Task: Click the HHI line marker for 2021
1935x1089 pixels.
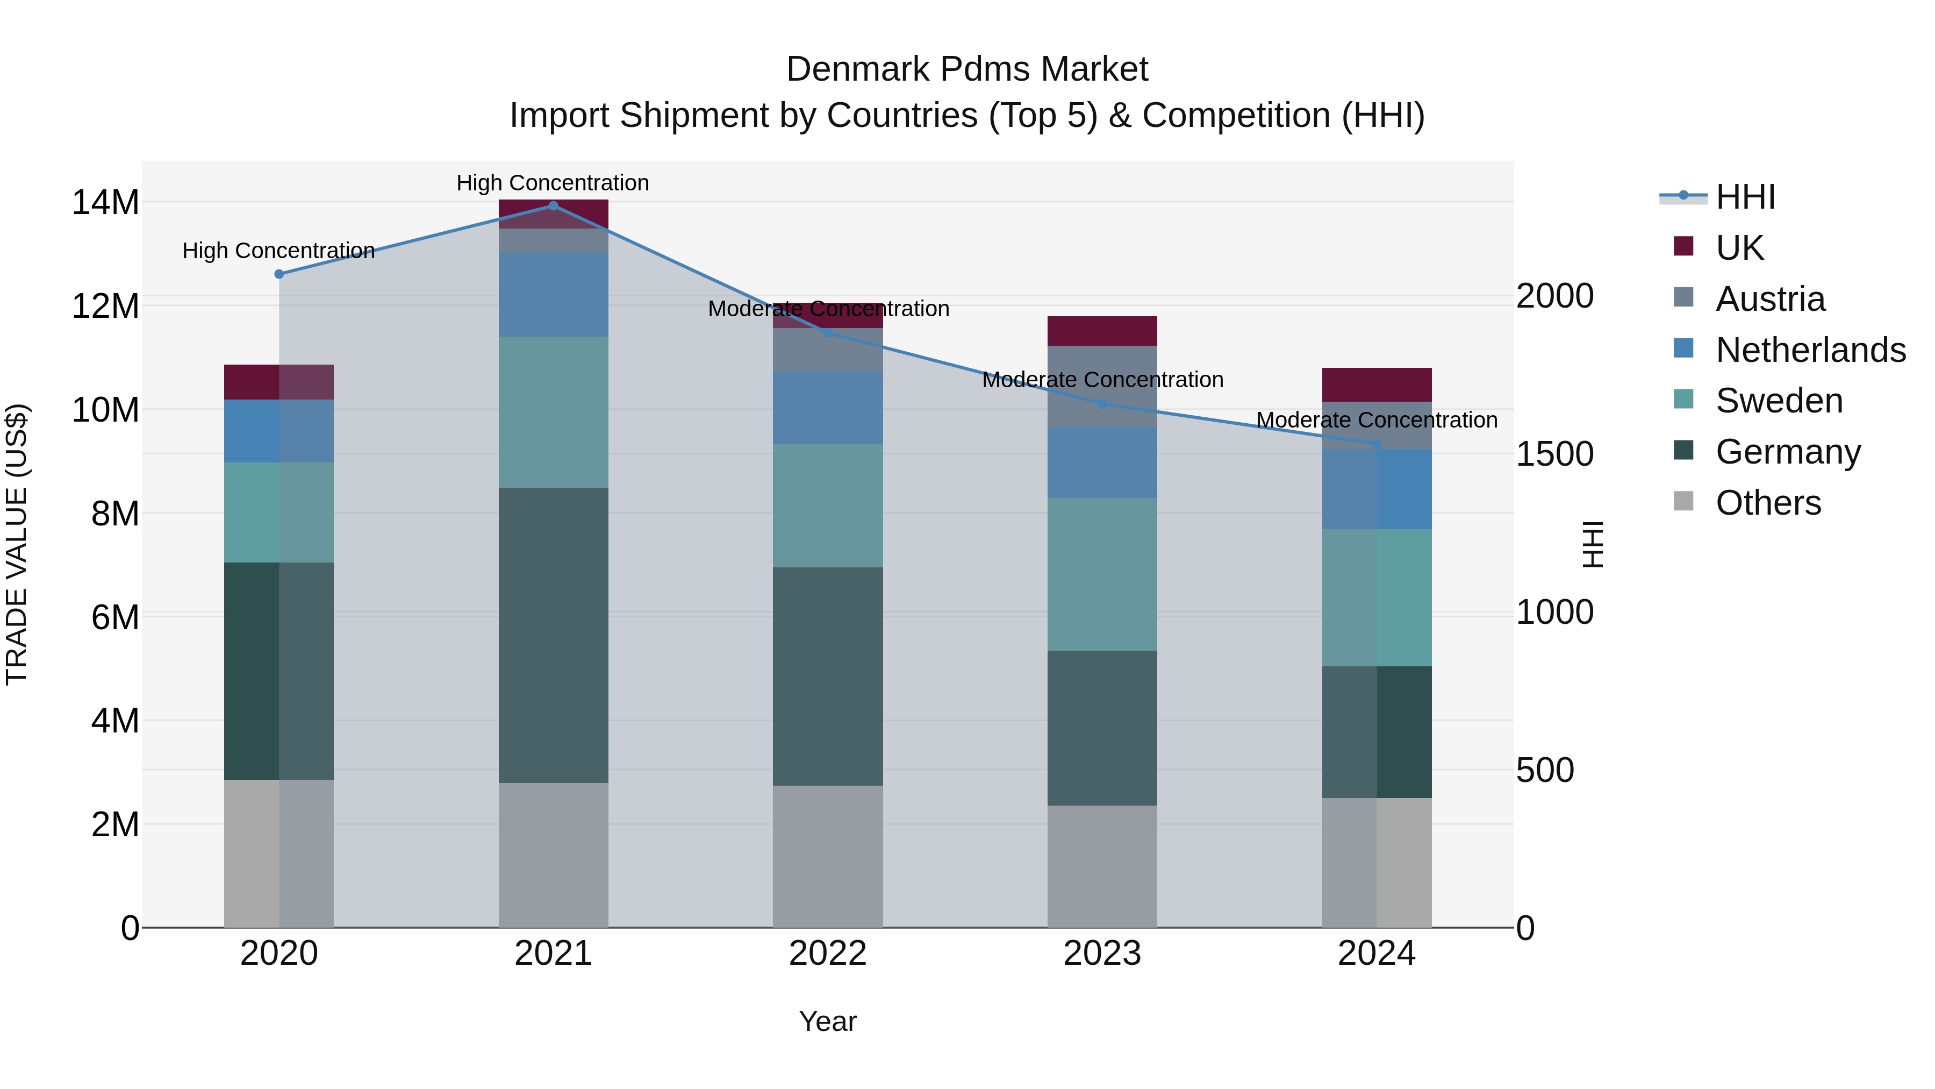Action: pos(553,205)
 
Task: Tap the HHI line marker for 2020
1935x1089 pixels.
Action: pos(278,274)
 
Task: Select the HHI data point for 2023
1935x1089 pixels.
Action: pos(1102,403)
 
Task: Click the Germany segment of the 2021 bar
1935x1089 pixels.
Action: pos(553,635)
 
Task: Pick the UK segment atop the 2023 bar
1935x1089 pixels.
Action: pos(1102,331)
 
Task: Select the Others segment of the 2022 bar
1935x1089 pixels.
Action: pos(828,856)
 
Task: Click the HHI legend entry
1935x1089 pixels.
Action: pos(1744,197)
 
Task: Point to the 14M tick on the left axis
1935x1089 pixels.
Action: pos(105,202)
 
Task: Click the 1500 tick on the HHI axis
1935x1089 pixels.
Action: pos(1554,454)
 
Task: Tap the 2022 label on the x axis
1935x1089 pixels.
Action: pos(828,953)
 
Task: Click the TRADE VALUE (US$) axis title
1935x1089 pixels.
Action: pos(17,544)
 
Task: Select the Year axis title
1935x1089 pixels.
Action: pos(828,1021)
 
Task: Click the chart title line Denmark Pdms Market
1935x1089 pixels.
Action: pos(967,69)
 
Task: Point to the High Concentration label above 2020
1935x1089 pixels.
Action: pos(278,250)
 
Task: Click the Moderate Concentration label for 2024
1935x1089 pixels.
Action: pos(1376,420)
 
